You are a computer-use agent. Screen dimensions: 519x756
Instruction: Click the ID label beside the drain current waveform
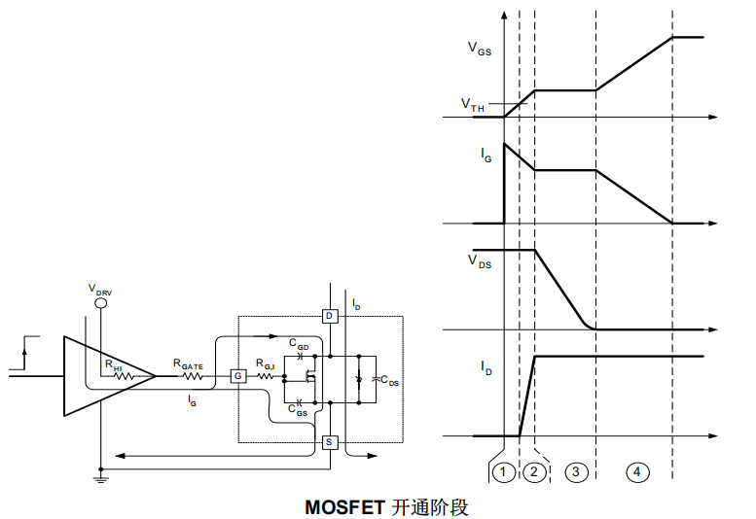486,366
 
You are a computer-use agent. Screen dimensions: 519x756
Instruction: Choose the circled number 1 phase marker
503,471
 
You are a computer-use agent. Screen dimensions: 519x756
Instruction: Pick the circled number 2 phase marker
534,471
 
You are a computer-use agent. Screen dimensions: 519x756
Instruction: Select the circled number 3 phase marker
576,471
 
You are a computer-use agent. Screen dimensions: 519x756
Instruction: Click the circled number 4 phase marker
636,471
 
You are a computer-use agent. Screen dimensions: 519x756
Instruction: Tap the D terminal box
329,316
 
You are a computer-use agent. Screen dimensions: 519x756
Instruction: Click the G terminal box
236,376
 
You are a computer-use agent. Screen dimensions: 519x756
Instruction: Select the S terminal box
329,443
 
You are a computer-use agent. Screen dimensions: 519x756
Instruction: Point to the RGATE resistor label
188,363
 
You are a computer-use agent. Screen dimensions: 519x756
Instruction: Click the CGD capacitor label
300,344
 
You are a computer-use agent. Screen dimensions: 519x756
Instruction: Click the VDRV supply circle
99,303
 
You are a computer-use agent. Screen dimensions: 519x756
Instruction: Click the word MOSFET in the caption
344,506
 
